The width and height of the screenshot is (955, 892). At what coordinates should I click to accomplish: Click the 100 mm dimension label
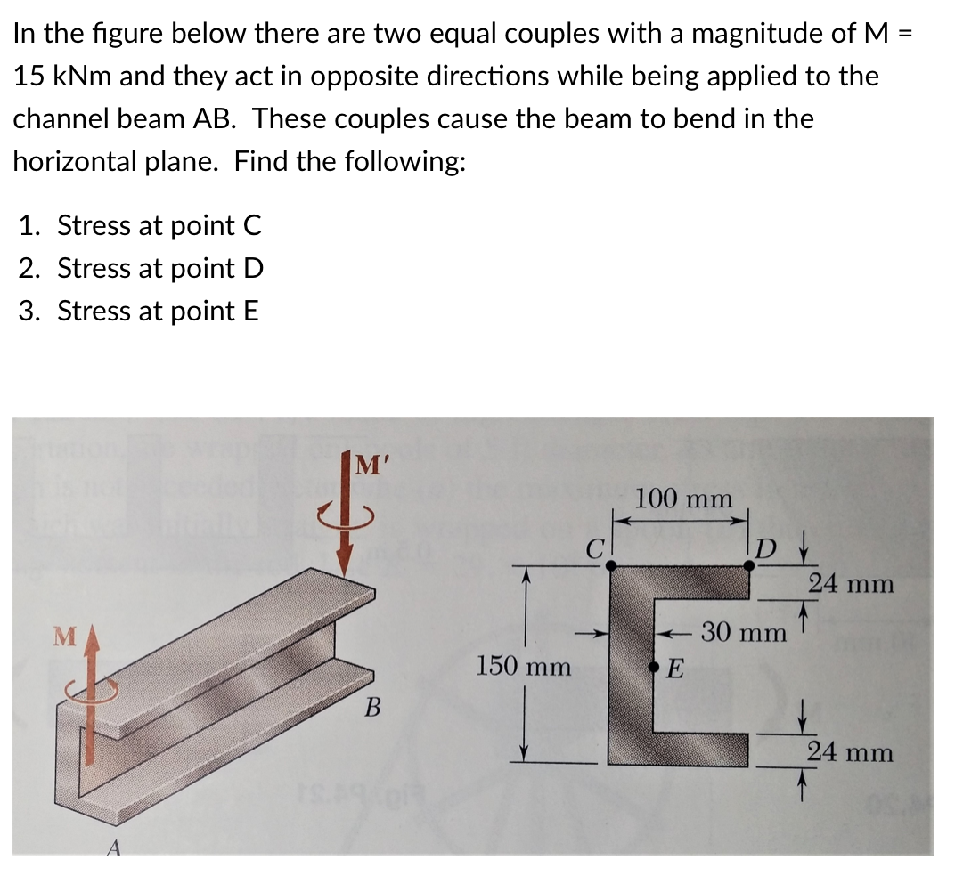(683, 499)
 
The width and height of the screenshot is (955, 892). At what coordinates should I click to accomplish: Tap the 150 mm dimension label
(524, 665)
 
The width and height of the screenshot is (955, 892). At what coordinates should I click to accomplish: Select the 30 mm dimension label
(744, 633)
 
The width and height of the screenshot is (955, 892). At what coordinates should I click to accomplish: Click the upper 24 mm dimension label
(851, 584)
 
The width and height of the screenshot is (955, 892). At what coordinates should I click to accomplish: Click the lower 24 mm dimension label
(851, 752)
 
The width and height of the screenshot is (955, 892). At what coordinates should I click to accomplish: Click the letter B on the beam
(373, 709)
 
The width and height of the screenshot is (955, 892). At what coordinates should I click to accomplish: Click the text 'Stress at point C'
(159, 226)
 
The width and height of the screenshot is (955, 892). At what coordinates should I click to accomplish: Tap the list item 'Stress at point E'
(159, 311)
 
